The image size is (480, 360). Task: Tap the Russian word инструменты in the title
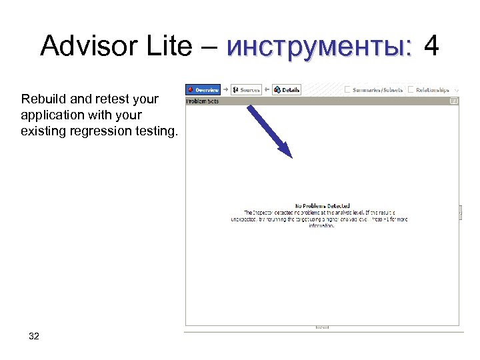319,47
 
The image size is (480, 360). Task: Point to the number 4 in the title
431,47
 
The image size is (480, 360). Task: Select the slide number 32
34,336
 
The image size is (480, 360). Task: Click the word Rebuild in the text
43,99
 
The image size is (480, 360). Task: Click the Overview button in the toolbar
203,89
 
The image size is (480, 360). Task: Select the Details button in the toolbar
287,89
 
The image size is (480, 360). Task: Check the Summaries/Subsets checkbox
348,89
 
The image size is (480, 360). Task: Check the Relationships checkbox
411,89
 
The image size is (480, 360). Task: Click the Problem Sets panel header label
203,101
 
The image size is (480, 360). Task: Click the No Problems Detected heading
322,206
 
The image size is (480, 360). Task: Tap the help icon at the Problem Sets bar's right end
453,101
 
